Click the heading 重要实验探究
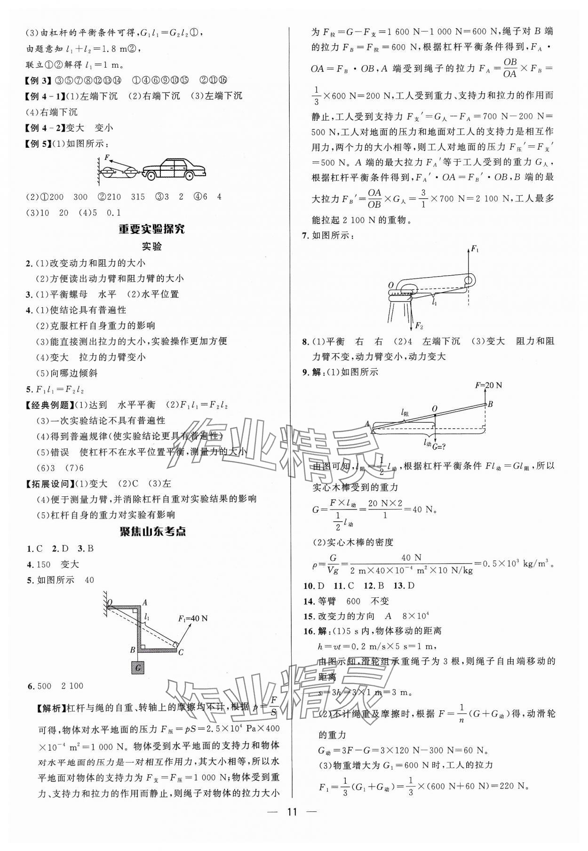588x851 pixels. point(151,229)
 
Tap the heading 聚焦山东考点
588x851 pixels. point(152,532)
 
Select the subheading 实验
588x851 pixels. point(151,247)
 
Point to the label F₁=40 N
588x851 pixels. point(193,618)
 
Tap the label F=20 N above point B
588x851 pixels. point(488,385)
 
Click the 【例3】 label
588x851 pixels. point(38,80)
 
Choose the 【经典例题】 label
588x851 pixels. point(48,405)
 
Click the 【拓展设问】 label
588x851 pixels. point(48,484)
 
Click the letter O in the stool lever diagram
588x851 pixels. point(391,285)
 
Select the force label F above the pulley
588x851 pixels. point(107,157)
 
